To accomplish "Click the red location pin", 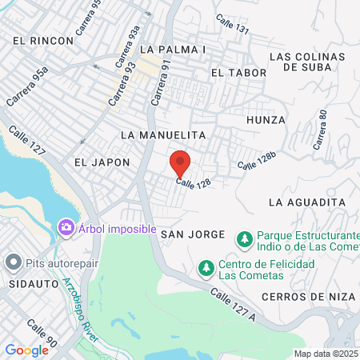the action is (x=180, y=163).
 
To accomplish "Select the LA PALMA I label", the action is (x=173, y=50).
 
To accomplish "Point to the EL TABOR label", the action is (x=232, y=72).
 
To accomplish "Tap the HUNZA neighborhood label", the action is (x=266, y=120).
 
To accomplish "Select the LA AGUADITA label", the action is (x=306, y=202).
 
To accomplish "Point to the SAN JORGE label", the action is (x=190, y=234).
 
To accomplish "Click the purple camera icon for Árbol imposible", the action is (x=66, y=229).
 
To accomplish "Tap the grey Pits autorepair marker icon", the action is (x=13, y=262).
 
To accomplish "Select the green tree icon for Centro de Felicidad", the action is (x=206, y=266).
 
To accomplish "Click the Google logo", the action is (x=26, y=350).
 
